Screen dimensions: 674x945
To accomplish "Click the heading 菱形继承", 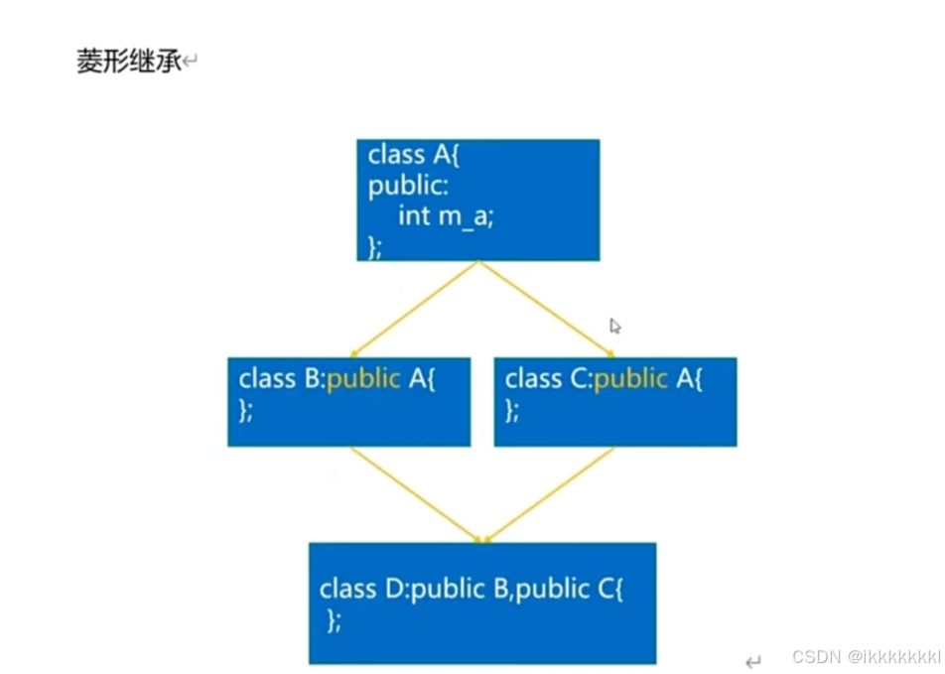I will pos(129,62).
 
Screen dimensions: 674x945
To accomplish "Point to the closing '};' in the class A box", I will pos(375,245).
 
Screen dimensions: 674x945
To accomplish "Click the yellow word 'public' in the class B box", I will pos(363,379).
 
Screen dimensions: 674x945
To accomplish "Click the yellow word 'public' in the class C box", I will pos(630,379).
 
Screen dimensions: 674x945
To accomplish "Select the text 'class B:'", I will pos(282,379).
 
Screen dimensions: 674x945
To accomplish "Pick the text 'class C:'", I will pos(549,379).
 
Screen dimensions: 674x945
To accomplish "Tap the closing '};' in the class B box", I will pos(246,410).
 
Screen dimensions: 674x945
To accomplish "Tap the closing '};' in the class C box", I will pos(512,410).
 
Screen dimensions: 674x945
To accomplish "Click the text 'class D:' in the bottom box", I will pos(363,589).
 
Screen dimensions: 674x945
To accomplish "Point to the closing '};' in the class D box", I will pos(335,620).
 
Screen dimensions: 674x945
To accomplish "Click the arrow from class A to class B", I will pos(414,309).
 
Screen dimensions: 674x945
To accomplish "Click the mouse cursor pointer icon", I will pos(614,326).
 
